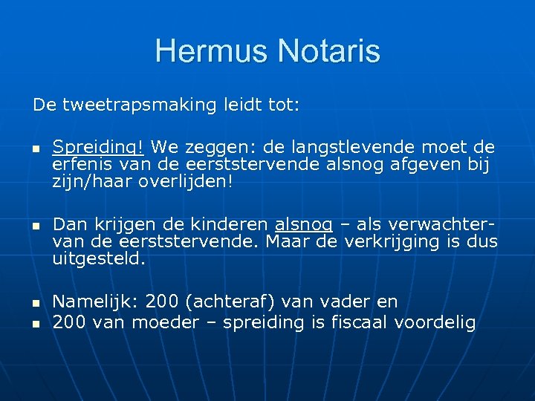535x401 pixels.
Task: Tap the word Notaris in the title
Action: pyautogui.click(x=329, y=51)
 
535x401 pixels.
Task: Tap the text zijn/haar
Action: pyautogui.click(x=93, y=181)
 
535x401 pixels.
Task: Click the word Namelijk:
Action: pyautogui.click(x=96, y=302)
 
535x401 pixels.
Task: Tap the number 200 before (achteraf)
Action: pyautogui.click(x=162, y=302)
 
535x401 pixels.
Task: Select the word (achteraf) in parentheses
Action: pyautogui.click(x=227, y=302)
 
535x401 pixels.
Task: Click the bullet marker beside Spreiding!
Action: pyautogui.click(x=34, y=149)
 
